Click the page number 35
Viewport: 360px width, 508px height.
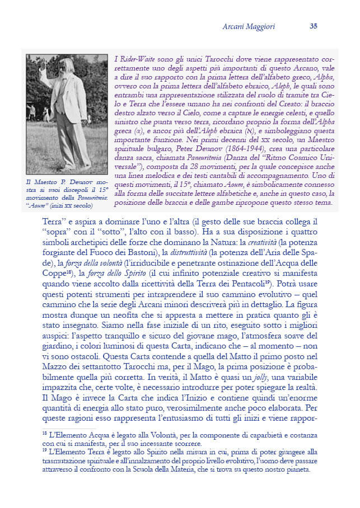(x=314, y=26)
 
